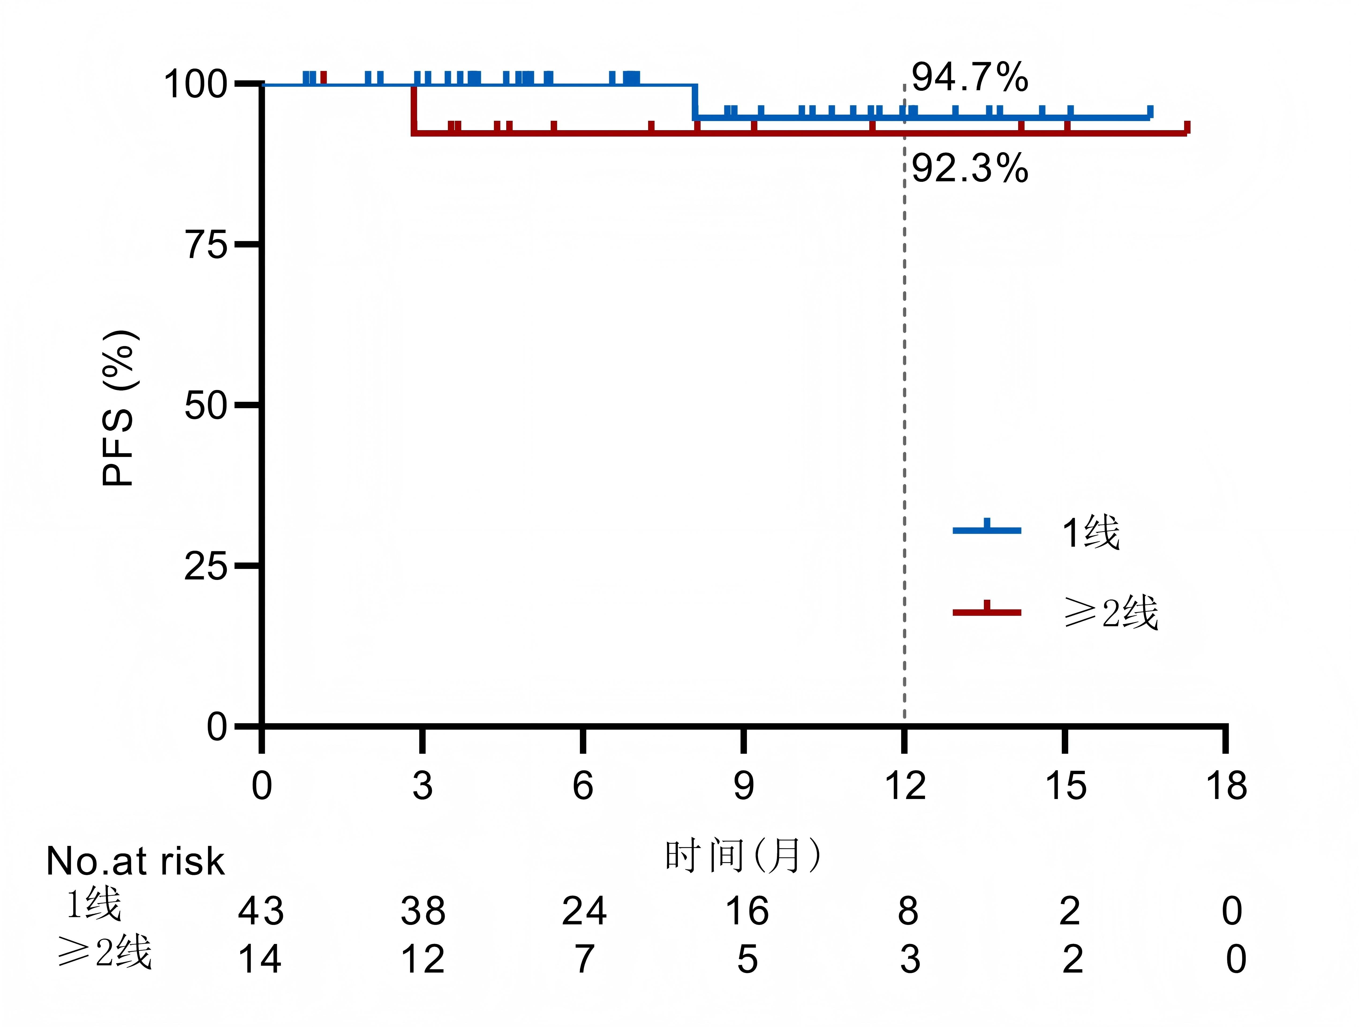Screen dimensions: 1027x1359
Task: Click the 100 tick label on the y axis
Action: click(195, 84)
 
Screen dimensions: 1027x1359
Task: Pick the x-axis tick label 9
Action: click(743, 785)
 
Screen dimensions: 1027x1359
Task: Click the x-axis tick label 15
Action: click(1065, 785)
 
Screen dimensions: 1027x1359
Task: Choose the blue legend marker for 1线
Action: click(987, 529)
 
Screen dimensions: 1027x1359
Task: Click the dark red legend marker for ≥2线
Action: click(987, 611)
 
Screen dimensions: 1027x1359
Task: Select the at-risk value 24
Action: click(584, 911)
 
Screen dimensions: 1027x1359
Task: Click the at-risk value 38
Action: click(423, 911)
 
